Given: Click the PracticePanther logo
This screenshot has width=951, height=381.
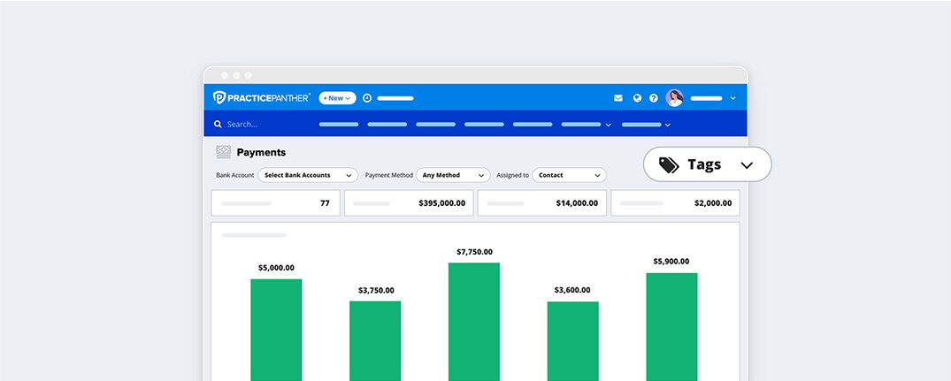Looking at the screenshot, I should [262, 98].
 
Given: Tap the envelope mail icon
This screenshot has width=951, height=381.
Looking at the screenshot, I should [618, 98].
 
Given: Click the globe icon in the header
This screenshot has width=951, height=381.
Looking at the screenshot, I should [637, 98].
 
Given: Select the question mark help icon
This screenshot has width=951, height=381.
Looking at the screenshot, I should [654, 98].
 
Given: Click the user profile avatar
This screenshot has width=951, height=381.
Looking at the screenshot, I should [675, 98].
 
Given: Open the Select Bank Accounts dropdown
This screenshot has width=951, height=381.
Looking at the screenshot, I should [308, 175].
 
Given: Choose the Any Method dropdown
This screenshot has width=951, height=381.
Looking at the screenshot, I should [453, 175].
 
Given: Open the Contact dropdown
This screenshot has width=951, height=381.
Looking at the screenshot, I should [569, 175].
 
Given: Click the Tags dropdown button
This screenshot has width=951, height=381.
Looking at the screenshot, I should [707, 164].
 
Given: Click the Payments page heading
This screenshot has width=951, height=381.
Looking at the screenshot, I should [261, 152].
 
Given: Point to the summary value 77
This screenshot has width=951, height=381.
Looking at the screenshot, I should [325, 203].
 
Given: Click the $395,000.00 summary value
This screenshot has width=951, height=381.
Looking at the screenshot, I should [441, 203].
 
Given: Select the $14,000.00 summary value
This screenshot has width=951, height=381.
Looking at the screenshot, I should [576, 203].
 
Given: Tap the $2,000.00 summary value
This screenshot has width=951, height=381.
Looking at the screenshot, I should [712, 203].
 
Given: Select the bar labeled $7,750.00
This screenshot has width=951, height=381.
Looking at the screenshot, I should [473, 322].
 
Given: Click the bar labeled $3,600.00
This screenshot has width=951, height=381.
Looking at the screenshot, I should [572, 341].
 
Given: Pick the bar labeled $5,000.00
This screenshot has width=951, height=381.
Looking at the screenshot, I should [276, 330].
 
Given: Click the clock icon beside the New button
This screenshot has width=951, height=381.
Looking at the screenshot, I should [367, 98].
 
